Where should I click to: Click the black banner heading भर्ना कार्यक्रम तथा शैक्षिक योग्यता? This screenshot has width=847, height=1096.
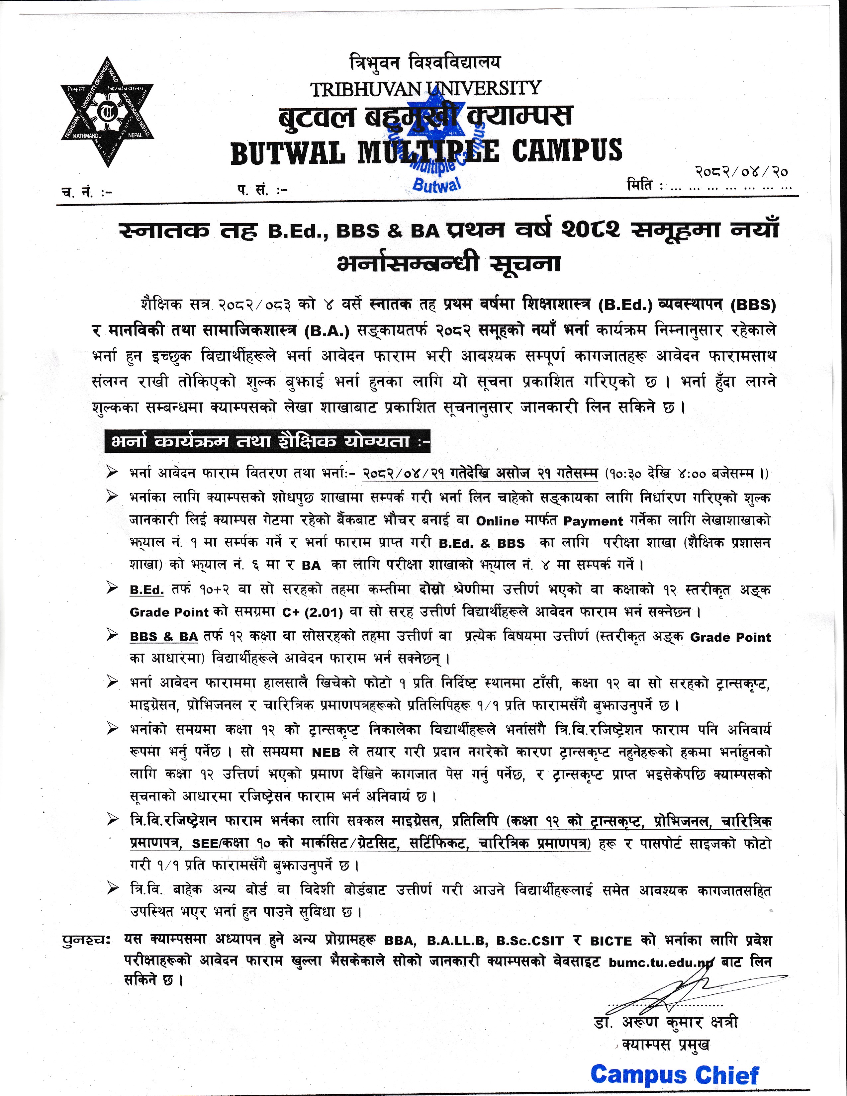click(267, 442)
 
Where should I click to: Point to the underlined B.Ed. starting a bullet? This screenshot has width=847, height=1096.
click(146, 590)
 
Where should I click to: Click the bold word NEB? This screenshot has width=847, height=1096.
click(326, 753)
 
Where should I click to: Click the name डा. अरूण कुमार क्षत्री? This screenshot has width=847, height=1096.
click(665, 1023)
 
